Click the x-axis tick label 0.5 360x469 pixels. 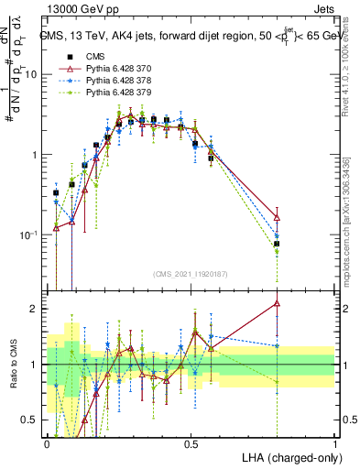[x=191, y=442]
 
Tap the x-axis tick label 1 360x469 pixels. [x=334, y=442]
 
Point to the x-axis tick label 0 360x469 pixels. [x=47, y=442]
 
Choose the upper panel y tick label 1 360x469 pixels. [x=34, y=155]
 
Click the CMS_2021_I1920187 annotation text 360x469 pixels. [x=191, y=274]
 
